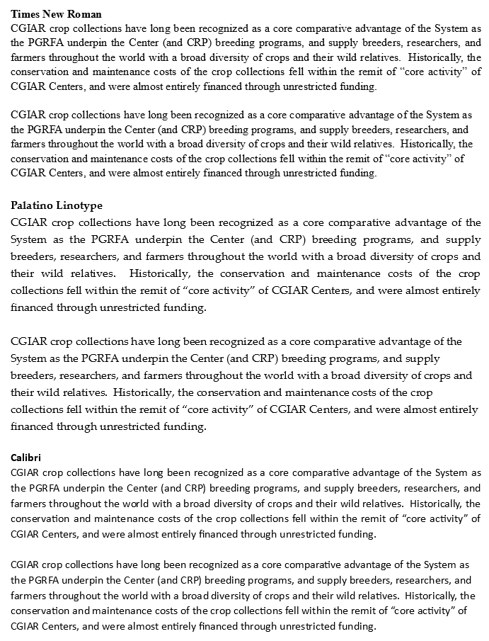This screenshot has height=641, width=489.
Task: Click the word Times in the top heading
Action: tap(25, 14)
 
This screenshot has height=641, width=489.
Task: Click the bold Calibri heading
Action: tap(25, 458)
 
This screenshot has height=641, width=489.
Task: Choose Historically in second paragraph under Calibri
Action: tap(432, 596)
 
